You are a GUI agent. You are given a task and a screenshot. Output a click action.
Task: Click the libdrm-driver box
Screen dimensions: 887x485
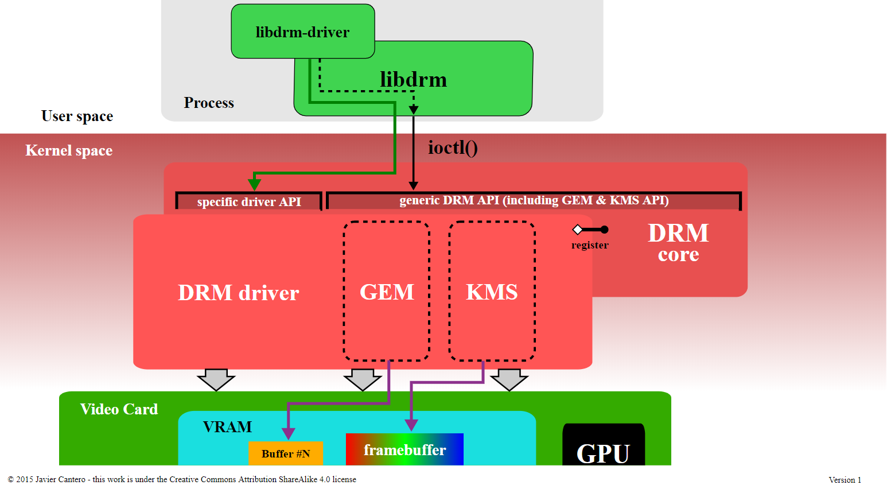pos(303,32)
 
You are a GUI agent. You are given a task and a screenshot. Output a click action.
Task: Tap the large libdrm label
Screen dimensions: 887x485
pos(414,80)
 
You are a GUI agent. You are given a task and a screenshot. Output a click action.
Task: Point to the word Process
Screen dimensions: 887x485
pos(209,103)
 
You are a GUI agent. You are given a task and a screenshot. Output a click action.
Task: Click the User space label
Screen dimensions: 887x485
pos(77,116)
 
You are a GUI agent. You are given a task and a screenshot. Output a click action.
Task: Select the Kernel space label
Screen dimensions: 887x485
pos(69,150)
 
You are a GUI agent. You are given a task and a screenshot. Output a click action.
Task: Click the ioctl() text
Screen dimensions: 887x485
pos(453,148)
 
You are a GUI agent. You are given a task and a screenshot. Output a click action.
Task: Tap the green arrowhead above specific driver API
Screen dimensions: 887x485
pos(254,184)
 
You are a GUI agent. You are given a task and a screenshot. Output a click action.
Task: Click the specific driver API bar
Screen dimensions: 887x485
pos(249,201)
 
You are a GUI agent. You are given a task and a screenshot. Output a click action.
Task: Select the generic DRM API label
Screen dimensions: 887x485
pos(534,200)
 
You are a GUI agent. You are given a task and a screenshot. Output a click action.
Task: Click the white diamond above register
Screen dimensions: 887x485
pos(578,230)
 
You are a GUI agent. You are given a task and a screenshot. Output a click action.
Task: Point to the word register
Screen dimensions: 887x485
pos(590,245)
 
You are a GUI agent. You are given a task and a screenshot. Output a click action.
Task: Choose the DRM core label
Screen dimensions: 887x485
pos(678,243)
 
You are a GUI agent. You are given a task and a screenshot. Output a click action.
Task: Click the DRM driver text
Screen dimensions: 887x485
pos(238,293)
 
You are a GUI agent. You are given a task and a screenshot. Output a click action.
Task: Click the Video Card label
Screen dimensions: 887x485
pos(119,409)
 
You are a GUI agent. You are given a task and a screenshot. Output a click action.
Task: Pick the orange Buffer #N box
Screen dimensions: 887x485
pos(286,453)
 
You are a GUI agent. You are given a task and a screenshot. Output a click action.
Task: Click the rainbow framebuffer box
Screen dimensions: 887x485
pos(404,449)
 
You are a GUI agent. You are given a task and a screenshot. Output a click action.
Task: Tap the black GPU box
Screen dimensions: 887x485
pos(604,445)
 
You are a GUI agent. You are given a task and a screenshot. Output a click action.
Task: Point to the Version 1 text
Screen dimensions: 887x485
pos(845,480)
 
